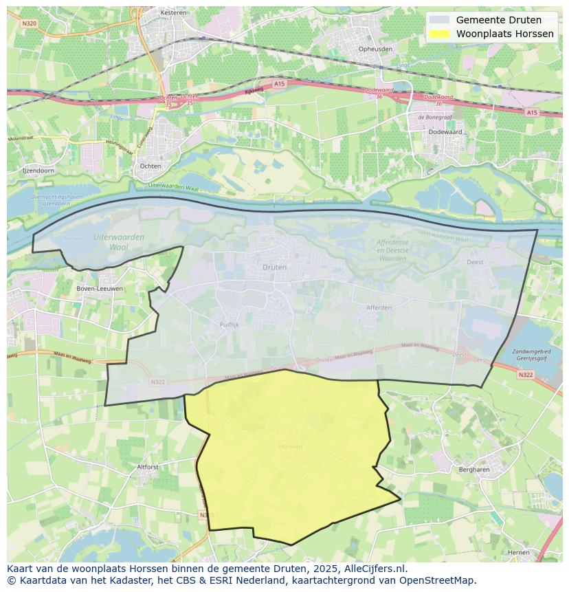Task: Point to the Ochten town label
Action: point(150,166)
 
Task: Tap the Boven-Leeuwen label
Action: point(100,288)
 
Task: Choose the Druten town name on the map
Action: point(275,267)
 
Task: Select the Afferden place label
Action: point(379,307)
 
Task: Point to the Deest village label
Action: point(475,262)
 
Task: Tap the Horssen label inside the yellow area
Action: point(291,446)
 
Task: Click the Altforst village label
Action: point(148,466)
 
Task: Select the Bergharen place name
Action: point(473,470)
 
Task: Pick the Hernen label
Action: point(519,552)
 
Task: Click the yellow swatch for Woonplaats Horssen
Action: point(440,34)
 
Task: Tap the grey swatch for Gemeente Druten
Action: point(440,20)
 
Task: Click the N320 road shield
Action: point(28,23)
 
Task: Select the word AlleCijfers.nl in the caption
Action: point(377,569)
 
